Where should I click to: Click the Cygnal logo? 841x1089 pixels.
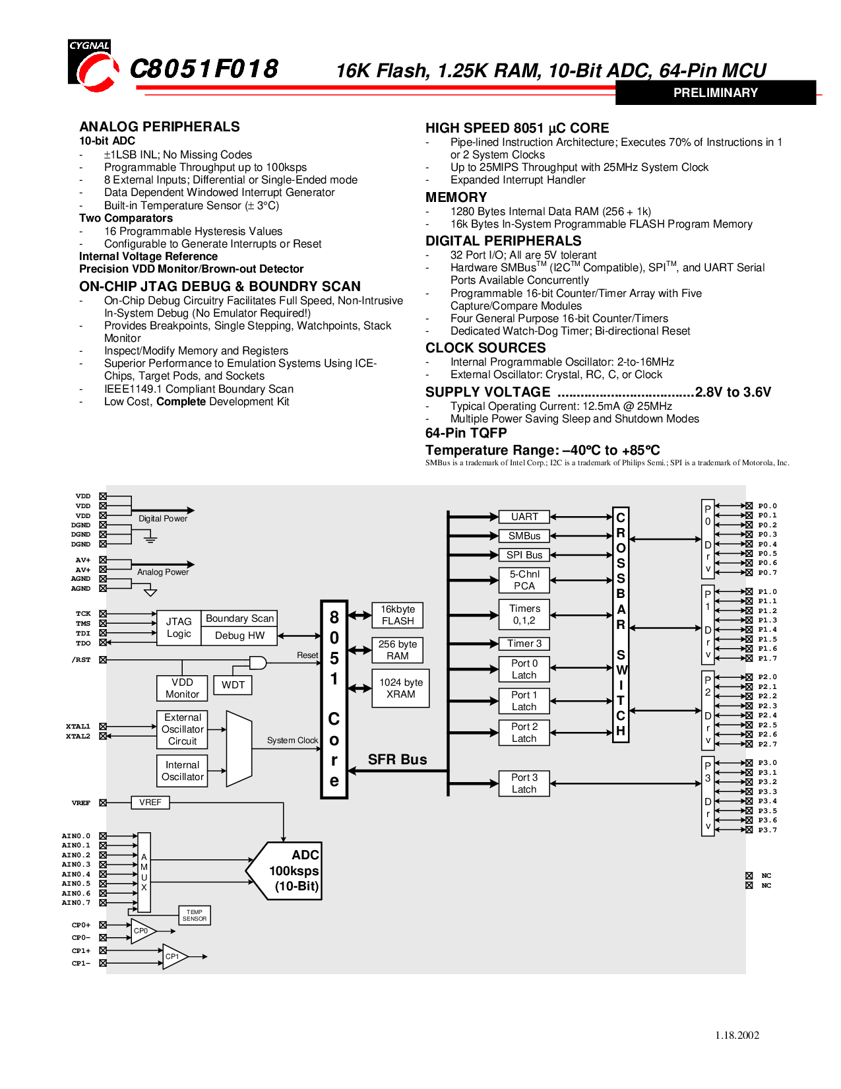click(x=94, y=65)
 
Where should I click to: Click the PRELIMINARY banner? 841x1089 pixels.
click(x=715, y=92)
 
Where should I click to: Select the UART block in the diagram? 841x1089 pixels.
click(x=524, y=517)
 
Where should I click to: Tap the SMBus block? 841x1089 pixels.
click(x=524, y=536)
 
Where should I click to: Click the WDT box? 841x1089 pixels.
click(x=233, y=684)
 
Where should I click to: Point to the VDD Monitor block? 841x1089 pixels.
click(x=182, y=688)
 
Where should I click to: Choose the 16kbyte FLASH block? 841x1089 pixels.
click(x=398, y=615)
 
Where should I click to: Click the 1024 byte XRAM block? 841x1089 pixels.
click(x=401, y=688)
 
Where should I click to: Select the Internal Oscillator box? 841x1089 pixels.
click(x=182, y=771)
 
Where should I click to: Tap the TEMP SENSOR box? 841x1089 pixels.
click(x=195, y=915)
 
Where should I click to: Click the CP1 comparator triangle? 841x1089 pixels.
click(x=175, y=957)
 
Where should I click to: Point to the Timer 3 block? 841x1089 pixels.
click(x=524, y=643)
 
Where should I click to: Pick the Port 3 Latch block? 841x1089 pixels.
click(x=524, y=783)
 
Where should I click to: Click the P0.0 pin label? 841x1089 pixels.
click(x=767, y=506)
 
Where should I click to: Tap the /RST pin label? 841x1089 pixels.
click(x=81, y=659)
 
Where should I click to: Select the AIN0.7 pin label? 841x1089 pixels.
click(x=76, y=903)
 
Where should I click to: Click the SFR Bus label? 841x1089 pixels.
click(x=398, y=759)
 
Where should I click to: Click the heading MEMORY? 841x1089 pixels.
click(x=456, y=197)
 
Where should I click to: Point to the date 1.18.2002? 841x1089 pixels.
click(x=737, y=1035)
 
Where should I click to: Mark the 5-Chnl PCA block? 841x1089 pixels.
click(x=524, y=580)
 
